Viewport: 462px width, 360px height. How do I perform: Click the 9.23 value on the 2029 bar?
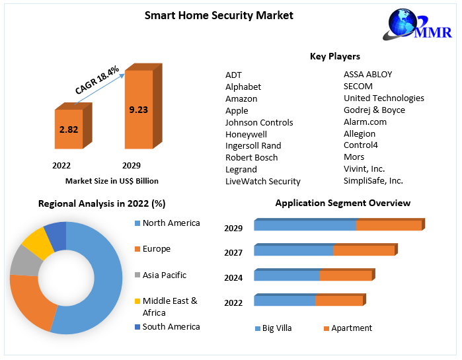(138, 110)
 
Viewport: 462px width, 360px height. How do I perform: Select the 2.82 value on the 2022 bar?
(69, 129)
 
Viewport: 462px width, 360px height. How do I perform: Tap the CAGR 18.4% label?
(96, 80)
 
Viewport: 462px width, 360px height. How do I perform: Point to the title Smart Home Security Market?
(219, 15)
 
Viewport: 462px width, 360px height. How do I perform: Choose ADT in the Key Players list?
(234, 75)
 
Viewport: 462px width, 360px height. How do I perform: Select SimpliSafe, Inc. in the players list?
(373, 180)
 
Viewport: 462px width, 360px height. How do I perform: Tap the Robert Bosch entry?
(251, 157)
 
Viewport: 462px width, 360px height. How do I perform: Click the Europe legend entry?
(156, 249)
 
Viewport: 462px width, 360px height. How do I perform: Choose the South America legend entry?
(171, 326)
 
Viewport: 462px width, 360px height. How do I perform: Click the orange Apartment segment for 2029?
(389, 226)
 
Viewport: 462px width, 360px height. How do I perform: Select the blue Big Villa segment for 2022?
(284, 301)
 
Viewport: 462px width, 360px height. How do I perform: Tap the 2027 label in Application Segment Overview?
(233, 252)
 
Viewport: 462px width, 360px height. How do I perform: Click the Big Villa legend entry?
(276, 328)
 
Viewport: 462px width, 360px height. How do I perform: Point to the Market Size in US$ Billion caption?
(112, 181)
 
